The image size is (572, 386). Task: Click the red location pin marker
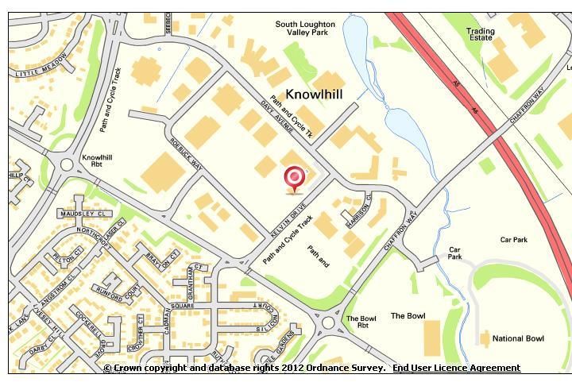coord(295,177)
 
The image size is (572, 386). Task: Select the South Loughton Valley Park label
coord(305,29)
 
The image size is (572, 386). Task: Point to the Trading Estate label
coord(480,35)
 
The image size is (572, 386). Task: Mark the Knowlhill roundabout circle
coord(67,166)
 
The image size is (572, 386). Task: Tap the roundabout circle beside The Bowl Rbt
coord(328,322)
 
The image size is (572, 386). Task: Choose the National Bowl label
coord(518,339)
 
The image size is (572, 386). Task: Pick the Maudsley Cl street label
coord(76,214)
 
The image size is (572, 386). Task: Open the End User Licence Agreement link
coord(456,369)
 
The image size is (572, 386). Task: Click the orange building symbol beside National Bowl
coord(485,339)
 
